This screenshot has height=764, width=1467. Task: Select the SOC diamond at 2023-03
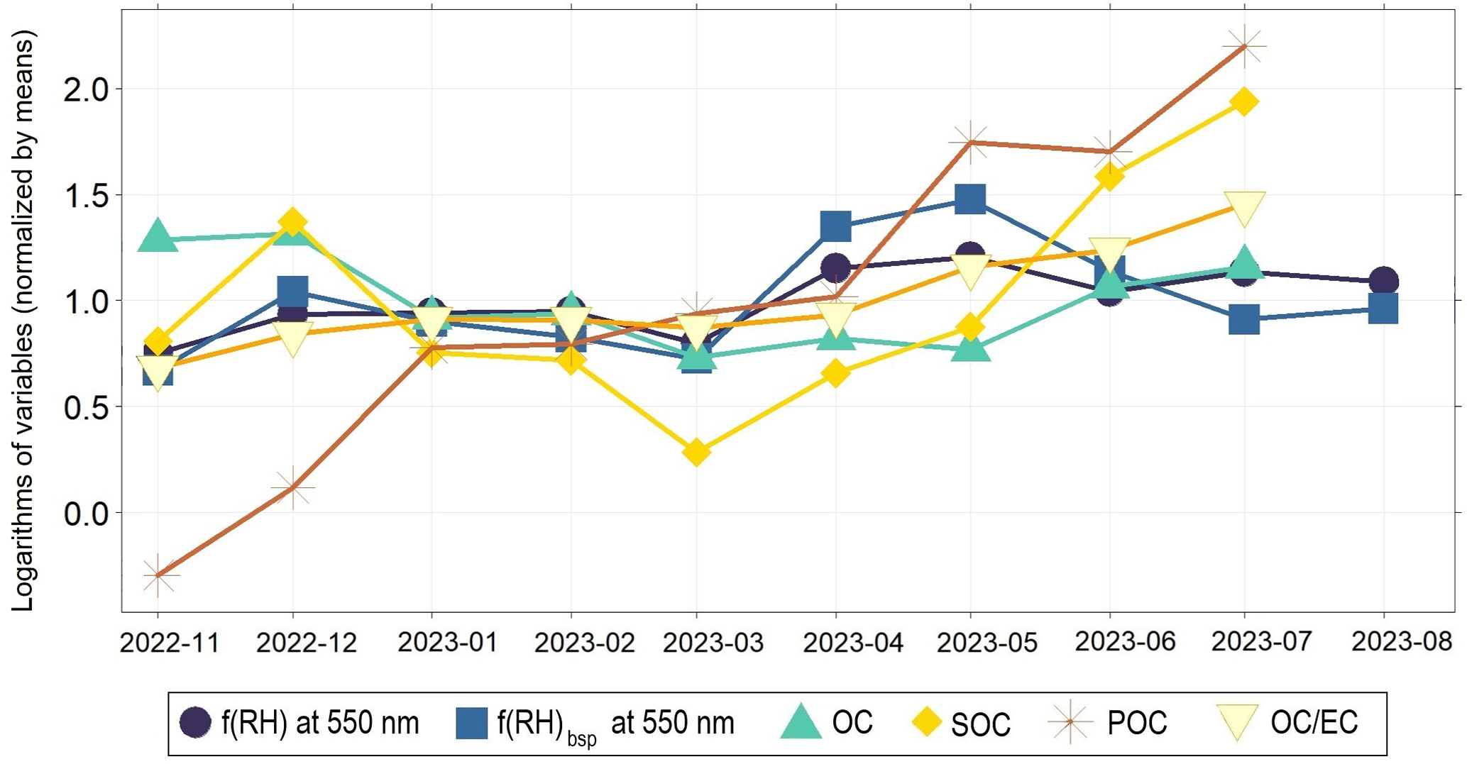click(697, 452)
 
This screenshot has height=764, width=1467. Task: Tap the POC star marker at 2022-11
click(158, 575)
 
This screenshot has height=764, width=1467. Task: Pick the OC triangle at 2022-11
click(158, 236)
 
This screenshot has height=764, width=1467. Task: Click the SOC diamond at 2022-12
click(292, 223)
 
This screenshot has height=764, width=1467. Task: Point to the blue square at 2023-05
click(970, 199)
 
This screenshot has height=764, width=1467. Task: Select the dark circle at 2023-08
click(1383, 282)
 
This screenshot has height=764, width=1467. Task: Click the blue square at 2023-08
click(1383, 309)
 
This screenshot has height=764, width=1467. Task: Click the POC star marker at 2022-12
click(292, 487)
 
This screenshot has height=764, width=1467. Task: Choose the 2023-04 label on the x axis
click(852, 643)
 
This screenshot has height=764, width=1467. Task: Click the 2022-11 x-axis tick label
click(170, 643)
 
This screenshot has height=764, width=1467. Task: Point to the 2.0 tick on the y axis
click(84, 89)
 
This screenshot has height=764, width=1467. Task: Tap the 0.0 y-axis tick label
click(84, 513)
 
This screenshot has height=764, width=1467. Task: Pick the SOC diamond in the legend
click(926, 724)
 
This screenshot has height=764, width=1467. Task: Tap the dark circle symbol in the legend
click(195, 723)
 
